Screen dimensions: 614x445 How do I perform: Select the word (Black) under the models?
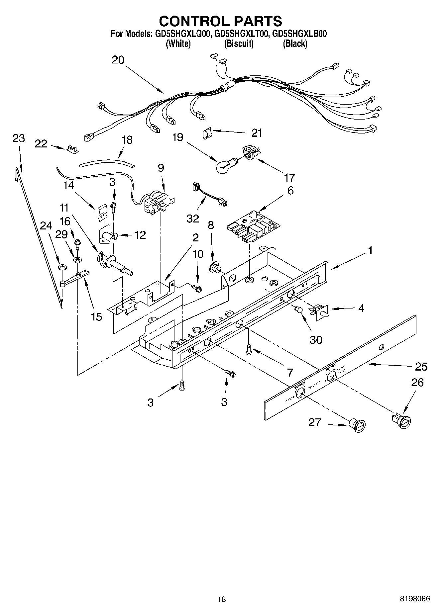[295, 44]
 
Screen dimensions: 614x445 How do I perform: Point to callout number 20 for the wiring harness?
[118, 60]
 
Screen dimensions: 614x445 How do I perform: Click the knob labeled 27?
[357, 425]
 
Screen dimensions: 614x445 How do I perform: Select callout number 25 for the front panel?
[421, 366]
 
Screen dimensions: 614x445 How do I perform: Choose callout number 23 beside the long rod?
[19, 138]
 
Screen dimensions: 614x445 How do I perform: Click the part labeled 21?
[207, 133]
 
